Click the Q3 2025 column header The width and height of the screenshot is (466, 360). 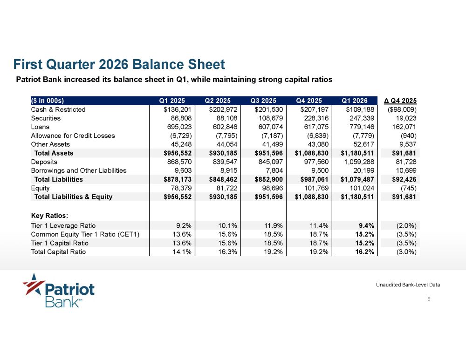click(263, 101)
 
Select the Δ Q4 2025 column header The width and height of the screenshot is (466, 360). click(400, 101)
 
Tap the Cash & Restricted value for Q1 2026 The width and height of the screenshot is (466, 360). click(360, 109)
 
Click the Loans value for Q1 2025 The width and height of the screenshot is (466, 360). click(179, 127)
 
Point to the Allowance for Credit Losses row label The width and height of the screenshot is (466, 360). click(73, 136)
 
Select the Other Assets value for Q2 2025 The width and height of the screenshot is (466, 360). click(227, 144)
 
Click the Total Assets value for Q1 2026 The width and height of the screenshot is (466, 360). click(357, 153)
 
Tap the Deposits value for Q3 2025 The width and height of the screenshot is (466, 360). click(271, 162)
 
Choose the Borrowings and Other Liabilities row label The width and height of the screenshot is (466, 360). click(79, 170)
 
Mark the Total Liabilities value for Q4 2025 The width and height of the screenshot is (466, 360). click(312, 179)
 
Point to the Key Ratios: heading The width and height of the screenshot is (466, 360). click(50, 216)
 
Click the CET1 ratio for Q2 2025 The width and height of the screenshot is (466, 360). click(228, 234)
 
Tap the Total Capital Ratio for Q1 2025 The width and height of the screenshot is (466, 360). click(182, 252)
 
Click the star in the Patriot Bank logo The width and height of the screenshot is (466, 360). click(34, 284)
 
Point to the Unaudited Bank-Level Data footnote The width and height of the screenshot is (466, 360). click(408, 285)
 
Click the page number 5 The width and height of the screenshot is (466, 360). click(429, 299)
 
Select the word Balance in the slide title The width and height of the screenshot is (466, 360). click(153, 64)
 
